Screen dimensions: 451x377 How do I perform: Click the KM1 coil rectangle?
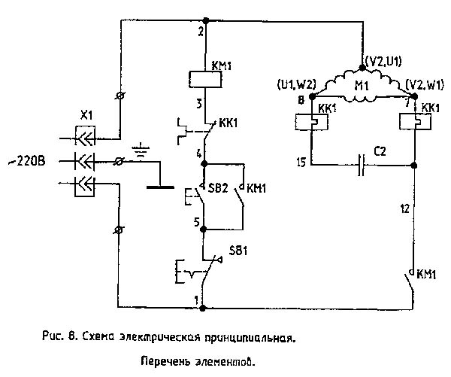(x=205, y=80)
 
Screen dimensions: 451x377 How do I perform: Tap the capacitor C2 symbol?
(x=362, y=165)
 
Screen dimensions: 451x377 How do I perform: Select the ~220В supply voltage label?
(x=27, y=161)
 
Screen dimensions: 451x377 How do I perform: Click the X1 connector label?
(x=86, y=116)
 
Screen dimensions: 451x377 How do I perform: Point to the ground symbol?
(x=141, y=150)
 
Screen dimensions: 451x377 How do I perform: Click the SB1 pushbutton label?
(x=238, y=251)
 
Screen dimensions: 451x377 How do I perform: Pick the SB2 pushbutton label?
(x=218, y=188)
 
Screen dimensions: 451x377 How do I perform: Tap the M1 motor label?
(x=362, y=86)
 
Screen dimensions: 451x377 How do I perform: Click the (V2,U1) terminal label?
(x=383, y=62)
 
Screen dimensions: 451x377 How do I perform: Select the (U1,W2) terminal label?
(x=297, y=84)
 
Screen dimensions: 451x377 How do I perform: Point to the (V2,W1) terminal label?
(x=425, y=85)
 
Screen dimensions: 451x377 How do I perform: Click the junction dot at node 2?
(x=206, y=21)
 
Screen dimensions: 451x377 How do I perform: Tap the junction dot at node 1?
(x=203, y=309)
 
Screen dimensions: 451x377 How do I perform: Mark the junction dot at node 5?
(x=204, y=230)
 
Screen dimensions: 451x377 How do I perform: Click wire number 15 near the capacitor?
(x=301, y=163)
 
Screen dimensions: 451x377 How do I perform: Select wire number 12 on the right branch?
(x=404, y=208)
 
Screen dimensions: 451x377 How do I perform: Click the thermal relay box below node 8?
(x=311, y=122)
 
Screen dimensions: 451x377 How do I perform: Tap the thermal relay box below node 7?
(x=416, y=121)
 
